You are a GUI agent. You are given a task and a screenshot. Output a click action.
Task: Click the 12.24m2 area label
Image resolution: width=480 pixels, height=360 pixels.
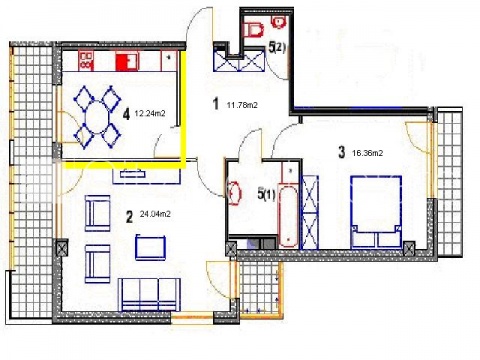(150, 113)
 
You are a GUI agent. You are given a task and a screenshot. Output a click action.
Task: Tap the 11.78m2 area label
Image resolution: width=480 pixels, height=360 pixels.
(242, 105)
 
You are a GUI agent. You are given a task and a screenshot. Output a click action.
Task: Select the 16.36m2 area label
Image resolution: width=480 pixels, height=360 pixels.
(367, 153)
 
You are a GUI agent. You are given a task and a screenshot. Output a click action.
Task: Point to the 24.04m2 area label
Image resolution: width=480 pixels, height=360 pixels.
(155, 214)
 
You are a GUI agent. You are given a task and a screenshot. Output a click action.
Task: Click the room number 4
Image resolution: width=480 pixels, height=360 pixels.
(126, 115)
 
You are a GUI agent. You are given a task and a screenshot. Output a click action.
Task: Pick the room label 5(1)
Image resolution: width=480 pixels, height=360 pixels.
(266, 194)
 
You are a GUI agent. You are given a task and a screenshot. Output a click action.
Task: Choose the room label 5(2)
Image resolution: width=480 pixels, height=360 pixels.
(277, 48)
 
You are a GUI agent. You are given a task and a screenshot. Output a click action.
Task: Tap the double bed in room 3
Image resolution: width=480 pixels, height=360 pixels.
(376, 212)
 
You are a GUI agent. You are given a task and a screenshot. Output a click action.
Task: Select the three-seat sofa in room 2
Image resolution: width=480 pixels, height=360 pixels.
(150, 295)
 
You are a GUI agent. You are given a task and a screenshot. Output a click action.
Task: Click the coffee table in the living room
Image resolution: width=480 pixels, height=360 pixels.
(150, 247)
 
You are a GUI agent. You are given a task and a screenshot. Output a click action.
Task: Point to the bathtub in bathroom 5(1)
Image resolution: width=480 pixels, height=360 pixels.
(288, 217)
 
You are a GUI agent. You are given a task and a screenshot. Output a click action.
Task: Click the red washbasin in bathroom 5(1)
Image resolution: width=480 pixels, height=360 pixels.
(235, 193)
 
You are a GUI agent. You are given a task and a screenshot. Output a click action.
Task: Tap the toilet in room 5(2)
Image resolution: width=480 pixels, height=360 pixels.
(255, 30)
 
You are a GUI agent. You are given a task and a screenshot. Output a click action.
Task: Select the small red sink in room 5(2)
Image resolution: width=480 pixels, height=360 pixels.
(279, 22)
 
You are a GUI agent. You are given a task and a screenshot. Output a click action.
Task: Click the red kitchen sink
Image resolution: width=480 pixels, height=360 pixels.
(126, 61)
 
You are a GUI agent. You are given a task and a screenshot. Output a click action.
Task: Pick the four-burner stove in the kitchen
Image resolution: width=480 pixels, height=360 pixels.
(86, 61)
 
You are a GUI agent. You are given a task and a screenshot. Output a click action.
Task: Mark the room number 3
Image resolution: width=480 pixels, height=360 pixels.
(342, 153)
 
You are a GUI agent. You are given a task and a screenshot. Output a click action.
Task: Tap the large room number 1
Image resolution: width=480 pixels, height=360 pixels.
(216, 104)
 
